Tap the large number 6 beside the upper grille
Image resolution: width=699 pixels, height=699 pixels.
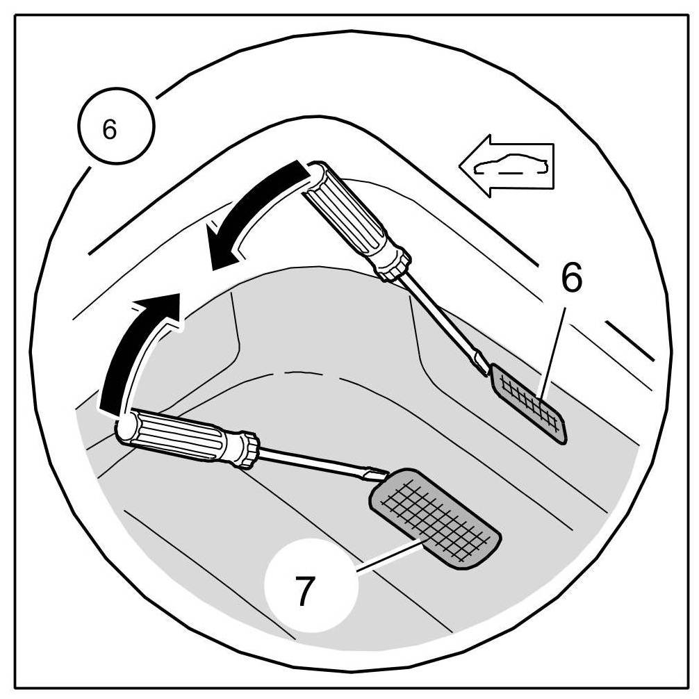[x=572, y=279]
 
